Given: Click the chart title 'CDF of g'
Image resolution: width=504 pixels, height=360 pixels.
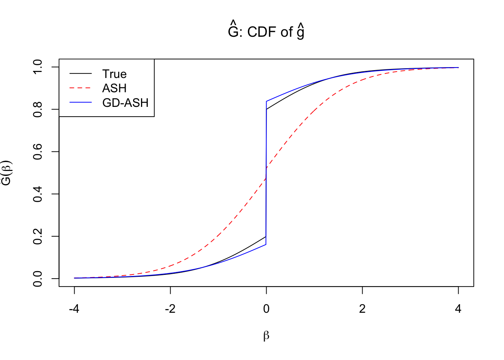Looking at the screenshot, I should (x=266, y=31).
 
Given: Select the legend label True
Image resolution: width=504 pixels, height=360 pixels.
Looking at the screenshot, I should (x=114, y=74).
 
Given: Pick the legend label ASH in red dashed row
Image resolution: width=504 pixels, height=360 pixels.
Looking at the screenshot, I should (x=114, y=88).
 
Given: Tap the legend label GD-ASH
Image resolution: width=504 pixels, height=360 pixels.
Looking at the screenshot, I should (x=125, y=103).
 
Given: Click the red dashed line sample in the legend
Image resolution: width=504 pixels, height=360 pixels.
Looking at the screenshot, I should (x=80, y=88).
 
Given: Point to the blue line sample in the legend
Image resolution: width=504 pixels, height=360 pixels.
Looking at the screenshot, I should (x=80, y=103).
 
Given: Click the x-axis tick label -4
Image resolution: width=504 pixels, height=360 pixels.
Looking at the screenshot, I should (x=74, y=309).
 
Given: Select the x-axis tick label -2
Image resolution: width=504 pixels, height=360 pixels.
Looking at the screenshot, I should (x=170, y=309).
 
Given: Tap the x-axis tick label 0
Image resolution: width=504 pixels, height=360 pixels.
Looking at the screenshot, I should (x=266, y=309).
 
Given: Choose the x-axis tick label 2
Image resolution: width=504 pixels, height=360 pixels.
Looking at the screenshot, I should (x=362, y=309).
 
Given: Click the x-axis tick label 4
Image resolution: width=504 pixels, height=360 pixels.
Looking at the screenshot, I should (x=458, y=309).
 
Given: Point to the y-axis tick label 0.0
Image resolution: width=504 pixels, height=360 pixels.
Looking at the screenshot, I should (x=38, y=279).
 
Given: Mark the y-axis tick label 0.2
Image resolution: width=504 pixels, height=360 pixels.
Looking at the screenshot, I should (x=38, y=236).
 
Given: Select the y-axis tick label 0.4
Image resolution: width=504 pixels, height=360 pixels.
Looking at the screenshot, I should (x=38, y=194).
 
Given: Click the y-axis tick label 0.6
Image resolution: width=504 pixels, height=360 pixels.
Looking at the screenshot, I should (x=38, y=151).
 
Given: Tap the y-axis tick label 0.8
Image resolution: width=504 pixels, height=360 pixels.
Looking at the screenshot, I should (x=38, y=109).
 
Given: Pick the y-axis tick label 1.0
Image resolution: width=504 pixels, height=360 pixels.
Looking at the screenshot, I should (x=38, y=67).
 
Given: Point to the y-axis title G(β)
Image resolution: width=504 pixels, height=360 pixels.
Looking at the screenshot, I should (x=7, y=173).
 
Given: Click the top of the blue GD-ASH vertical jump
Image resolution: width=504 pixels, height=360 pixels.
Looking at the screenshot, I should (x=266, y=101).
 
